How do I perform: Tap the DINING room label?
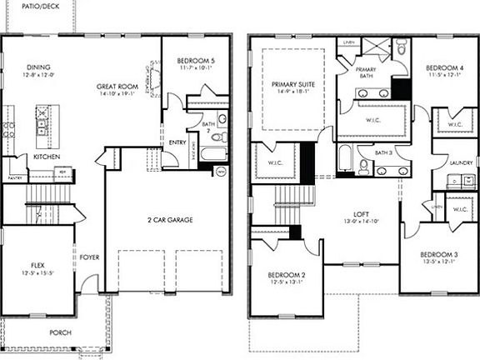click(x=37, y=67)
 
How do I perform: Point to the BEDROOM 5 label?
click(x=196, y=60)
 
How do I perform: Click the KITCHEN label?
click(x=45, y=157)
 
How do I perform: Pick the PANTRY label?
click(x=14, y=177)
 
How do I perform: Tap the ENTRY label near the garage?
click(x=177, y=142)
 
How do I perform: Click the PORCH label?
click(x=59, y=332)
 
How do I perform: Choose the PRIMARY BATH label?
click(x=367, y=72)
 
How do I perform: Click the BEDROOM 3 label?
click(x=438, y=254)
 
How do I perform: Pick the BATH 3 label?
click(x=382, y=152)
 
